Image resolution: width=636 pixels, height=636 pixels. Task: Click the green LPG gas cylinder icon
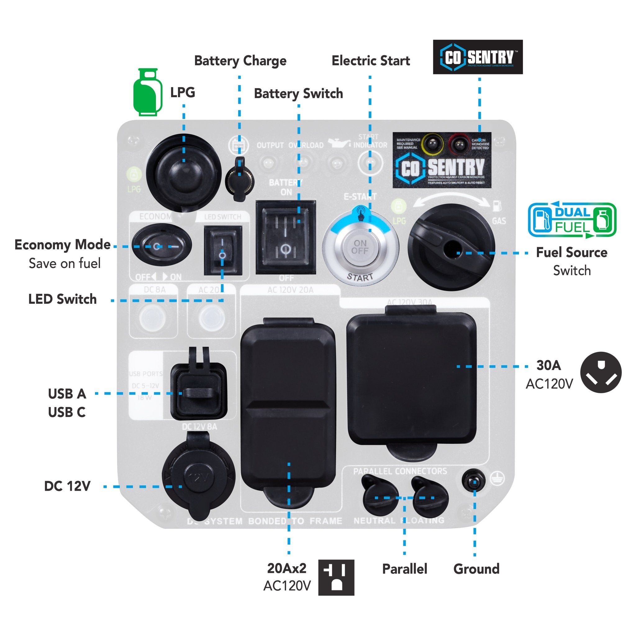pyautogui.click(x=147, y=92)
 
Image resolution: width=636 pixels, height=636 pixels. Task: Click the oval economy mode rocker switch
pyautogui.click(x=161, y=246)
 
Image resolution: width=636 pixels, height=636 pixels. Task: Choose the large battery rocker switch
pyautogui.click(x=286, y=237)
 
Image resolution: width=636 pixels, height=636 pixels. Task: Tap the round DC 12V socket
pyautogui.click(x=198, y=476)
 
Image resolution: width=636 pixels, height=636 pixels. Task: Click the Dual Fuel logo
pyautogui.click(x=572, y=220)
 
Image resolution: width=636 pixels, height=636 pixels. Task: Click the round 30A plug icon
pyautogui.click(x=601, y=372)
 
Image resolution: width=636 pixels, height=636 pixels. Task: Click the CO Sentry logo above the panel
pyautogui.click(x=477, y=57)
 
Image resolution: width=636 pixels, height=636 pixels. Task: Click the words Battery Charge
pyautogui.click(x=240, y=61)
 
